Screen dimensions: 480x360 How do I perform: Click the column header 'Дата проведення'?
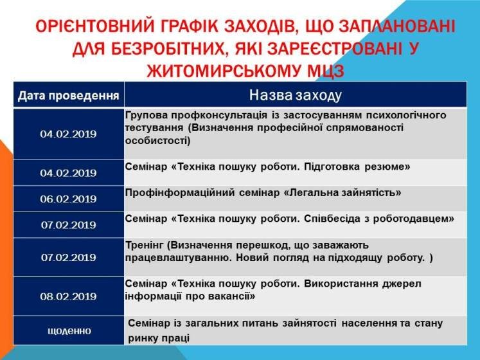tap(68, 96)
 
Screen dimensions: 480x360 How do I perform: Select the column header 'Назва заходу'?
tap(296, 95)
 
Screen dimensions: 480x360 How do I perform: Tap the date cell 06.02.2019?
tap(68, 199)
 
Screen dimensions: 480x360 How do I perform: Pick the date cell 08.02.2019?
tap(68, 296)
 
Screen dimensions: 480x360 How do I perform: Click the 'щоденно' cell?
tap(69, 331)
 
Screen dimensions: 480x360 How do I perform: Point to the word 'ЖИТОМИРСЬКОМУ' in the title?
tap(224, 71)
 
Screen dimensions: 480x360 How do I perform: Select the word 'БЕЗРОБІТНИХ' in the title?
tap(168, 49)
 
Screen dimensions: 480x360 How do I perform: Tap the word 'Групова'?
tap(147, 115)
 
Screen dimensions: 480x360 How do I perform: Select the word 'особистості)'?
tap(157, 141)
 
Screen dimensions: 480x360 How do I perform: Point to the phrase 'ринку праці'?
tap(159, 339)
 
